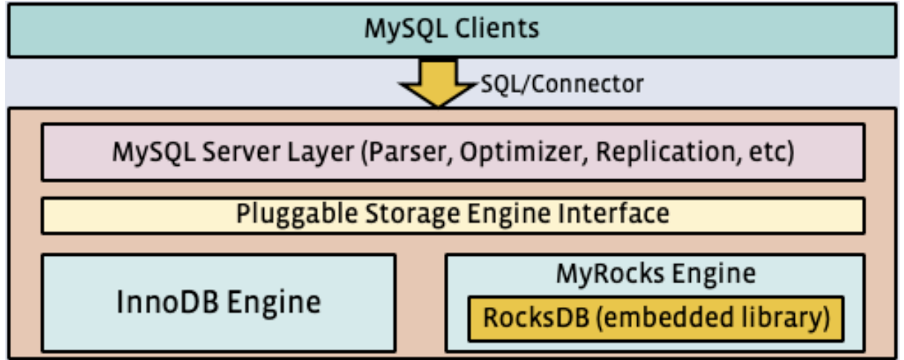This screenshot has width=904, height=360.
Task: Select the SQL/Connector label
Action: click(x=562, y=83)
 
